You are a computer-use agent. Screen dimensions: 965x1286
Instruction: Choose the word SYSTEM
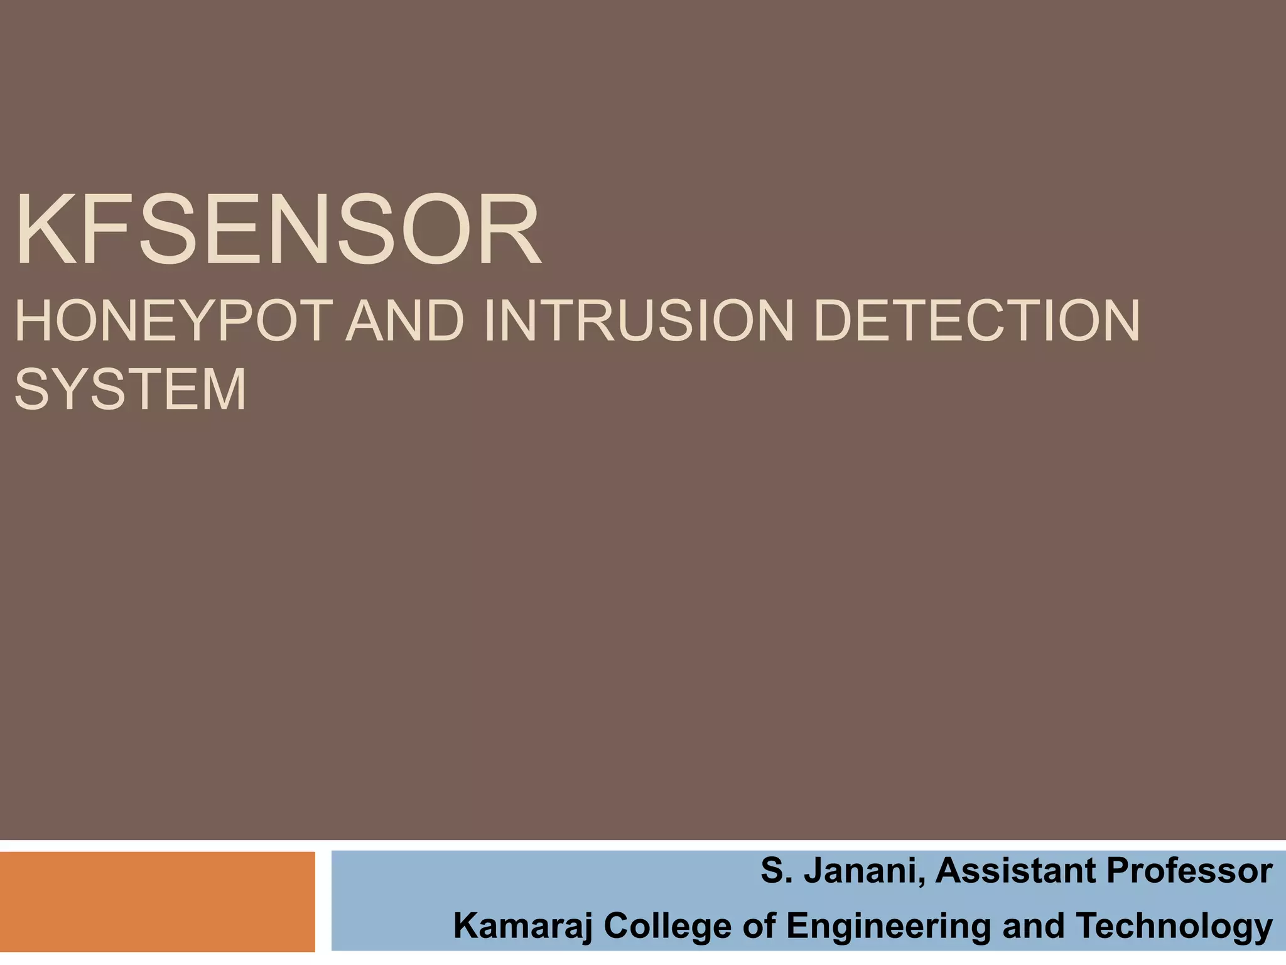(x=131, y=390)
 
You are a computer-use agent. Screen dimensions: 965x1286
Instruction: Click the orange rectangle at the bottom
(x=157, y=901)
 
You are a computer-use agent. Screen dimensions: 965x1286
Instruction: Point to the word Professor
(x=1189, y=871)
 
